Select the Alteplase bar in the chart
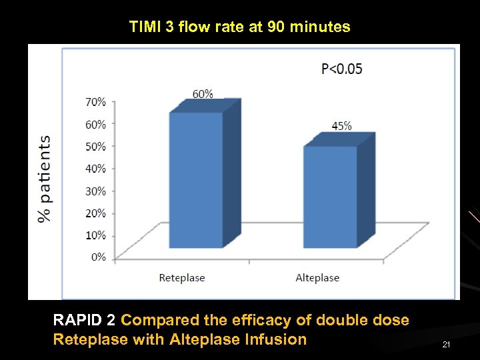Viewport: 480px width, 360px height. [331, 196]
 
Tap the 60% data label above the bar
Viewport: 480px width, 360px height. [203, 94]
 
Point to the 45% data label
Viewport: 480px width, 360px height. [341, 126]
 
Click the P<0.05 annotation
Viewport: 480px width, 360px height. [342, 69]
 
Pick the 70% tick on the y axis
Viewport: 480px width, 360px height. [95, 102]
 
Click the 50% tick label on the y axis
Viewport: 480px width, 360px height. [95, 146]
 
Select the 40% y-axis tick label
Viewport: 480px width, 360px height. [95, 169]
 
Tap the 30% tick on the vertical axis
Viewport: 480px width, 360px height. [95, 191]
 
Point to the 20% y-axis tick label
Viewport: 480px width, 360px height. [95, 213]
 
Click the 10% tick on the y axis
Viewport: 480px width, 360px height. [95, 235]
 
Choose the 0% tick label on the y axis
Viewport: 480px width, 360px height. [97, 257]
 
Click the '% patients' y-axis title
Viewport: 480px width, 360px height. [45, 179]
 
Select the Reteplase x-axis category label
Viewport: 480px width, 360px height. [182, 278]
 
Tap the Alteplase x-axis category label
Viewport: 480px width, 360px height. [317, 278]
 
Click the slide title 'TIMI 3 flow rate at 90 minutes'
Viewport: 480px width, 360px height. [239, 27]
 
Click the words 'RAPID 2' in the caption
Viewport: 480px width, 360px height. [85, 320]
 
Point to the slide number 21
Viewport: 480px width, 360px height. [447, 344]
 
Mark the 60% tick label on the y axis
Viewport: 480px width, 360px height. [95, 124]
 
